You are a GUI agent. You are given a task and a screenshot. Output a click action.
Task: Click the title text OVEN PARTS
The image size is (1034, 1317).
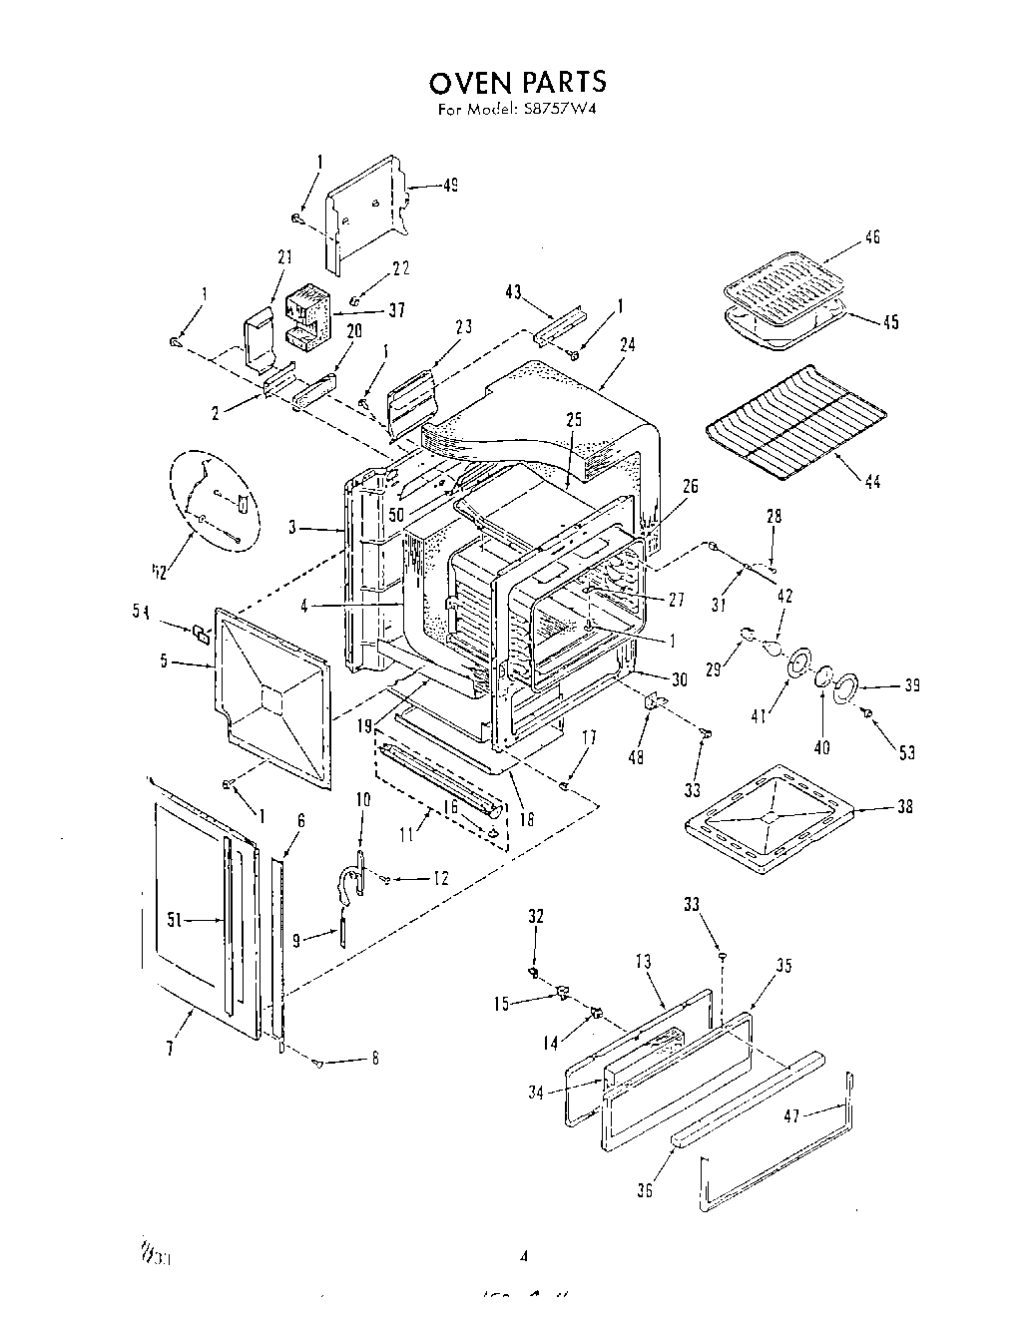(517, 81)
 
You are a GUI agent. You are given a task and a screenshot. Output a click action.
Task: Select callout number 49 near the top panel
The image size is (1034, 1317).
(450, 186)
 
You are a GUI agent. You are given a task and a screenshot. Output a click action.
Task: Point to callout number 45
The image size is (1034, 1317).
(890, 321)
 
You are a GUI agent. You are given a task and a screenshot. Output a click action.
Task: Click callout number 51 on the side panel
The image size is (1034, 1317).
(173, 922)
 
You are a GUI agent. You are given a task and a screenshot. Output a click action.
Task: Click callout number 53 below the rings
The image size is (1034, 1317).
(906, 752)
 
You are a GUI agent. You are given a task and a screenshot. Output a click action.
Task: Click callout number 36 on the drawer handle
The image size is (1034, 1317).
(645, 1189)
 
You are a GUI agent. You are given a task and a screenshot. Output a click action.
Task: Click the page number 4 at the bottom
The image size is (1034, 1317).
(523, 1255)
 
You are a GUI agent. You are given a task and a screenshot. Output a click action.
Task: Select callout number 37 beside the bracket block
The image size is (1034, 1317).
(396, 309)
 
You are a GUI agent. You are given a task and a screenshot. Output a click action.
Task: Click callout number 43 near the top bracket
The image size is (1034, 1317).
(513, 291)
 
